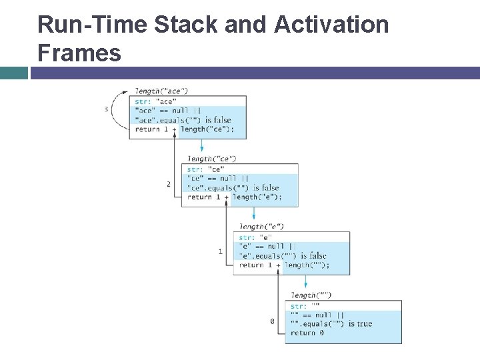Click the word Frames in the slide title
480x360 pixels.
click(x=79, y=52)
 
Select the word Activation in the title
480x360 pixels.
click(x=331, y=25)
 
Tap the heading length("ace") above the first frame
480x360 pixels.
click(x=161, y=91)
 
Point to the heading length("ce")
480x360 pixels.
click(x=211, y=159)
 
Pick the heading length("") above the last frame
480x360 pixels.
click(x=311, y=295)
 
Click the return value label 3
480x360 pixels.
click(x=107, y=109)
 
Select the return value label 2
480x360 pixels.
click(x=169, y=184)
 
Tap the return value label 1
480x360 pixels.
click(x=221, y=251)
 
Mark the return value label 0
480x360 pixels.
click(x=272, y=321)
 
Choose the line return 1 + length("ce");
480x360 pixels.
click(x=185, y=129)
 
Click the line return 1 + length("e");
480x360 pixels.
click(x=234, y=197)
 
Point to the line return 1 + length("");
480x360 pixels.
click(x=284, y=265)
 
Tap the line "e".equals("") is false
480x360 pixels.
click(x=283, y=256)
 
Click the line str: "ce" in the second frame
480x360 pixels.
click(x=205, y=169)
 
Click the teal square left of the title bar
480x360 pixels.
click(x=14, y=73)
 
